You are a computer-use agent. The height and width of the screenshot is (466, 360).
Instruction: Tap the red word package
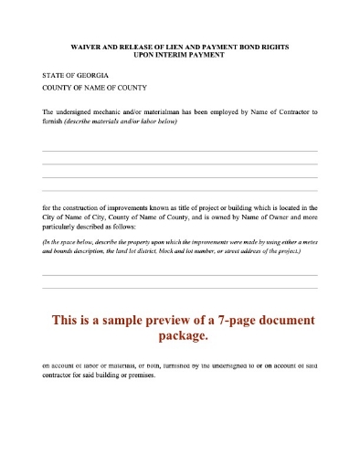182,336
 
